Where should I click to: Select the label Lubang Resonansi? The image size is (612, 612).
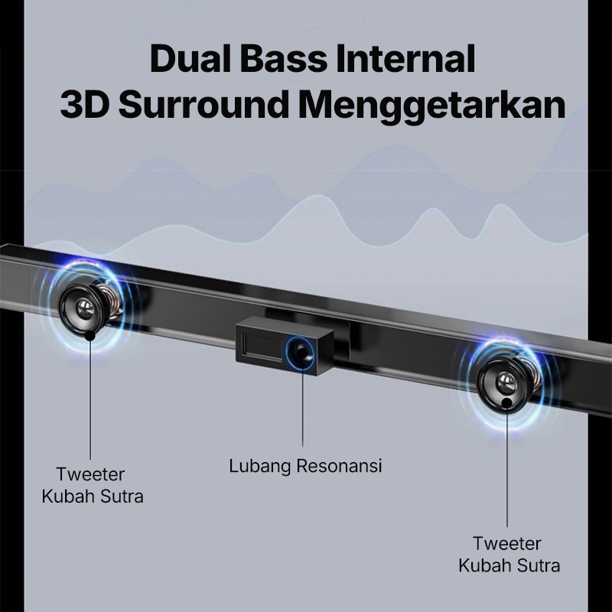point(305,465)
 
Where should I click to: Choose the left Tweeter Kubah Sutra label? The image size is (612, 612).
point(92,485)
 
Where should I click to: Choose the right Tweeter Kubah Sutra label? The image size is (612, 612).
point(509,555)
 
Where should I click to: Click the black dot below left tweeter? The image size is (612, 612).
point(90,335)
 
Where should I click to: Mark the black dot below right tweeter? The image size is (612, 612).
point(508,403)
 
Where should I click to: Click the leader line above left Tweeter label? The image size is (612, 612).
point(90,398)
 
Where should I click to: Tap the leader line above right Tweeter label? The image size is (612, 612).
point(508,467)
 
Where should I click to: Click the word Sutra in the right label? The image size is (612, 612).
point(539,566)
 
